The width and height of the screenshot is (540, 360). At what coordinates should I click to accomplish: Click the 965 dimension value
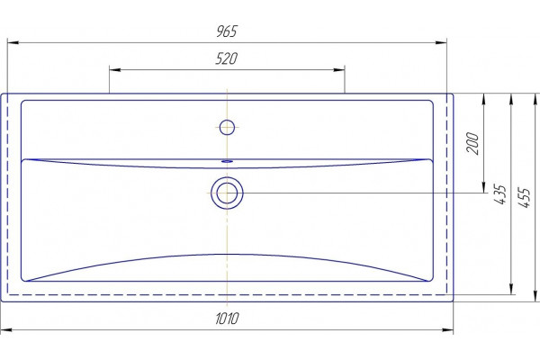tap(227, 31)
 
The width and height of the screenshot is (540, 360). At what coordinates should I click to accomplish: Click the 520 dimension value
tap(227, 58)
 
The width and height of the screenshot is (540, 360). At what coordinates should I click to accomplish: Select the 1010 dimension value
tap(227, 319)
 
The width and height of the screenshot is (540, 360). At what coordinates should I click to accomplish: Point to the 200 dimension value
tap(472, 143)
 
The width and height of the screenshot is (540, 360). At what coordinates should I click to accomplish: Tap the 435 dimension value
tap(499, 194)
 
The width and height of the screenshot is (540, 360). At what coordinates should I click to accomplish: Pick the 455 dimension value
tap(525, 197)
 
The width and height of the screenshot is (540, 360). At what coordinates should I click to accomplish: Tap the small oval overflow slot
tap(227, 161)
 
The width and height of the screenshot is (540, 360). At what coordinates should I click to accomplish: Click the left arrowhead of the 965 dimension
tap(13, 42)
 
